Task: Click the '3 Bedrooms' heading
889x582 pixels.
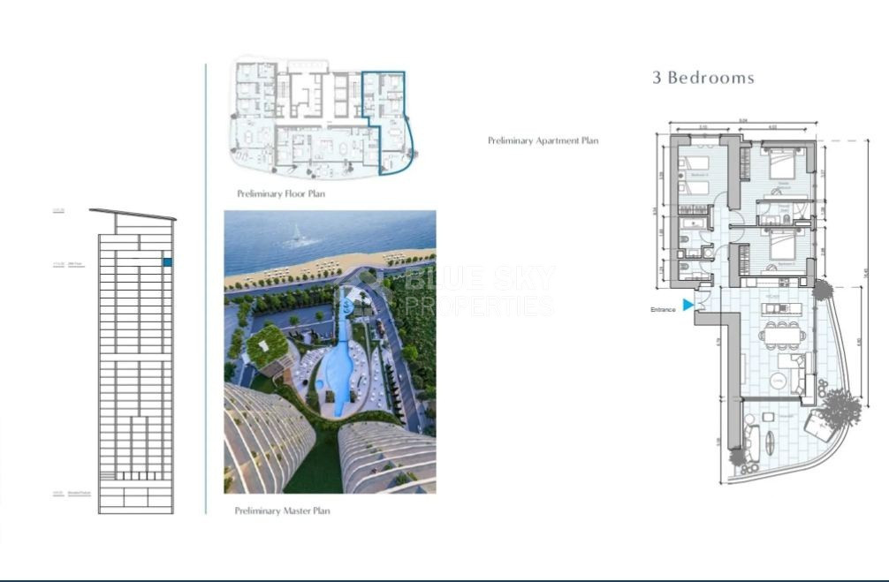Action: click(x=703, y=78)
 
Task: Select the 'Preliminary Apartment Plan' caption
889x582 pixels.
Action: click(x=543, y=140)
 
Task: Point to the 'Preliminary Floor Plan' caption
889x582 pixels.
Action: click(x=280, y=193)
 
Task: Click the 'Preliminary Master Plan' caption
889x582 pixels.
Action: click(x=282, y=510)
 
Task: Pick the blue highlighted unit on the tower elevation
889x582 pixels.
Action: click(x=167, y=262)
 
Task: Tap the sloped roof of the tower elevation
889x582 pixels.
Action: click(x=133, y=215)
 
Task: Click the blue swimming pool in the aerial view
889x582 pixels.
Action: click(x=339, y=371)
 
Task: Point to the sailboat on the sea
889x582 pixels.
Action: click(x=298, y=234)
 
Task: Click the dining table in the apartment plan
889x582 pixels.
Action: click(x=784, y=334)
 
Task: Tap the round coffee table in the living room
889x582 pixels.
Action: click(x=778, y=380)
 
